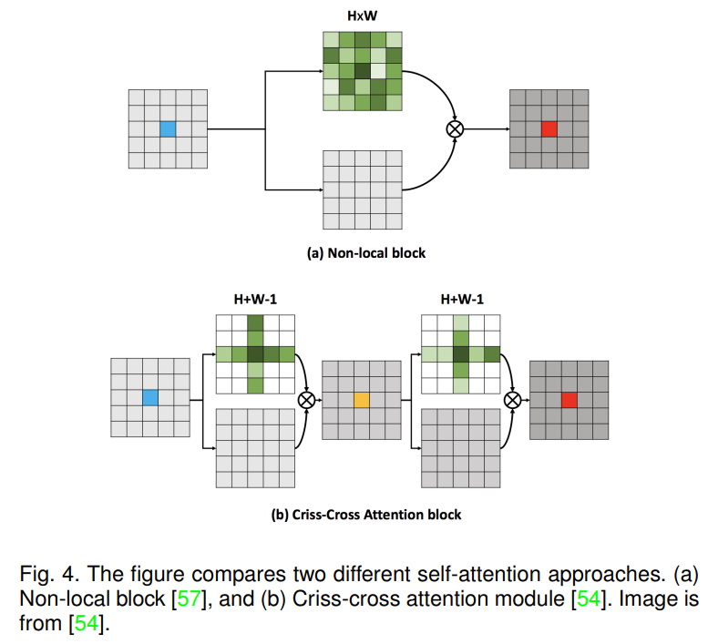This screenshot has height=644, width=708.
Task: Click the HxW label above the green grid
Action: [362, 15]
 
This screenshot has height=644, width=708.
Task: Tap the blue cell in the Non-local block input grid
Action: [168, 129]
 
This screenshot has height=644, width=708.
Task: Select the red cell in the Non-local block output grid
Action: [549, 129]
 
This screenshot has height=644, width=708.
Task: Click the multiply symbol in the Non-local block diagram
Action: [455, 129]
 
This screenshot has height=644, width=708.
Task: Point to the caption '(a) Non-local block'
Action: [366, 253]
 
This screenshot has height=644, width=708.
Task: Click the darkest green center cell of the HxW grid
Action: [362, 71]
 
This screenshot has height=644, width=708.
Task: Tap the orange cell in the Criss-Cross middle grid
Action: [361, 400]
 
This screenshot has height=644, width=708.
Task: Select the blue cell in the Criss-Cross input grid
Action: [150, 397]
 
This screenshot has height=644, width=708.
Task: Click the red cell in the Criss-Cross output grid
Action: [569, 400]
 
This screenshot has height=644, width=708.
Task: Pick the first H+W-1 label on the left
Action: [255, 299]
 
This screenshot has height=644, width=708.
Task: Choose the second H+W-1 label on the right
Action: [462, 299]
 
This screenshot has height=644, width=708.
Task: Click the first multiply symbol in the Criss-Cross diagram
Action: [306, 400]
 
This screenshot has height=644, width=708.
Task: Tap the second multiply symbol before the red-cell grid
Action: [512, 400]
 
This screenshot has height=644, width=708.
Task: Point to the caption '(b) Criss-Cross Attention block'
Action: [366, 515]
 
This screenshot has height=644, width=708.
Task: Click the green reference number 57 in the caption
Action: [189, 598]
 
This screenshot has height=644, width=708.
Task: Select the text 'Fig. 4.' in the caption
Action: [49, 575]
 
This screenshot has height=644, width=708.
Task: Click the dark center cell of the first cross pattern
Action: [255, 353]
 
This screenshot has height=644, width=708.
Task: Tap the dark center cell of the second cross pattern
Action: [461, 353]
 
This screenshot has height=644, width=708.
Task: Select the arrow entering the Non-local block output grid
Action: [487, 129]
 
